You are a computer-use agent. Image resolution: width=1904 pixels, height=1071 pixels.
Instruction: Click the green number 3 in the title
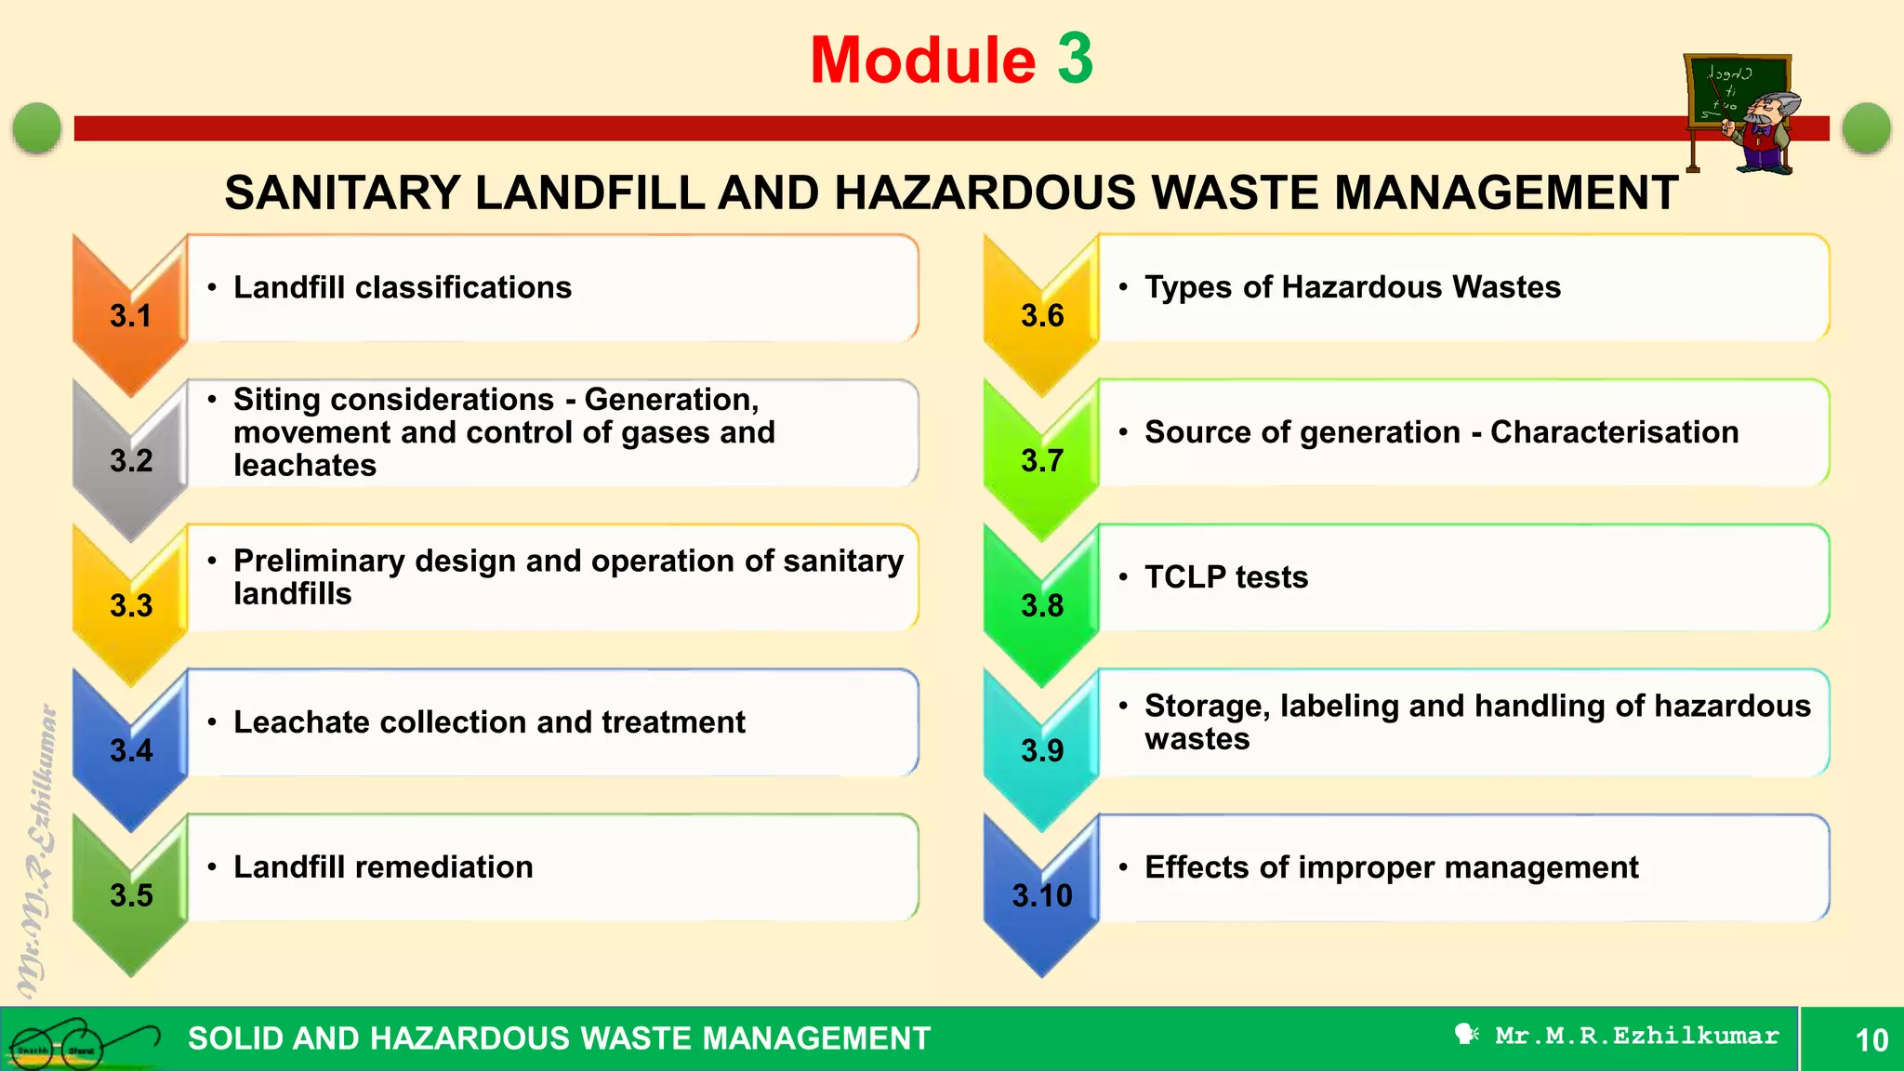point(1075,59)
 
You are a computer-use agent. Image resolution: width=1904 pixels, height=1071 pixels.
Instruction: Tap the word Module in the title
point(922,61)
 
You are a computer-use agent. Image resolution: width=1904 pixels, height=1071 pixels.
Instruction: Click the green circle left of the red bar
point(37,127)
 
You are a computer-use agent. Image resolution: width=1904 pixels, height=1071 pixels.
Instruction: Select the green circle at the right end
point(1866,127)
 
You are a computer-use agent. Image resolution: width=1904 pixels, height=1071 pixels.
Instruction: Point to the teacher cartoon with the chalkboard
point(1741,114)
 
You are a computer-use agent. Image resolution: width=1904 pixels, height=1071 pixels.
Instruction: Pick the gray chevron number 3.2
point(130,460)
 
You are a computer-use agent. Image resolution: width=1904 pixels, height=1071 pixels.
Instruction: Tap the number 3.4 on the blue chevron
point(130,750)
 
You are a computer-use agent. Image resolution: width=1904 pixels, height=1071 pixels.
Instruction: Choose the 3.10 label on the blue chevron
point(1042,895)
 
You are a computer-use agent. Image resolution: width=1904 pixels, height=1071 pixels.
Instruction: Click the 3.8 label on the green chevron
point(1042,605)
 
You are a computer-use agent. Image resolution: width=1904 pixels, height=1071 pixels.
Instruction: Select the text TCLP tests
point(1226,577)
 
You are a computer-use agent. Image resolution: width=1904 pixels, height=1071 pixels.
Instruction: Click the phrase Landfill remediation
point(383,867)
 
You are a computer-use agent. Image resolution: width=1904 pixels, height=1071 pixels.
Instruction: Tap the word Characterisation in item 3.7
point(1614,432)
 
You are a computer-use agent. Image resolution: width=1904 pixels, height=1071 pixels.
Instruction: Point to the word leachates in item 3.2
point(305,465)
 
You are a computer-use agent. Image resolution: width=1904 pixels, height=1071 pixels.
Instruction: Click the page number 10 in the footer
point(1871,1039)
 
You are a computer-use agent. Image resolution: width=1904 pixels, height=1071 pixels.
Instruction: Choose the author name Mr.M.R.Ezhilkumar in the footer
point(1636,1036)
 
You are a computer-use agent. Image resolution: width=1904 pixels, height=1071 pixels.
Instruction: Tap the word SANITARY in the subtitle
point(342,193)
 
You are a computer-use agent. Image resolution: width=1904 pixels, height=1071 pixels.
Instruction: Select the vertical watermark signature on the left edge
point(37,851)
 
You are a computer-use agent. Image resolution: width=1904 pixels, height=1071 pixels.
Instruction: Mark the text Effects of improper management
point(1391,867)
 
